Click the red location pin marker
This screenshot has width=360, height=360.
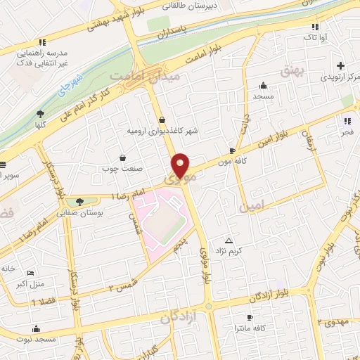[181, 165]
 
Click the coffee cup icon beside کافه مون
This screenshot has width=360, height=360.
[232, 150]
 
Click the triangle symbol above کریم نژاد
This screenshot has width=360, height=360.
[227, 240]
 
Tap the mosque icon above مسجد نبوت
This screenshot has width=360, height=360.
[36, 328]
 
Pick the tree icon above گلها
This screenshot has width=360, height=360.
[41, 114]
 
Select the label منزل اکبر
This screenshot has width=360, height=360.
[30, 284]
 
